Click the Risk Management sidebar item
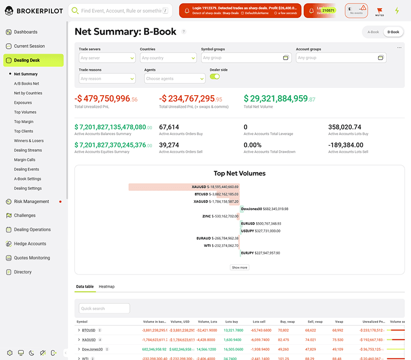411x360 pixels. point(31,202)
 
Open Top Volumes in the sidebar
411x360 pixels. point(25,112)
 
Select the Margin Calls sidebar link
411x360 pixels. point(25,159)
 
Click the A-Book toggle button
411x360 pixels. point(373,32)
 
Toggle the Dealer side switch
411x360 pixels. point(215,77)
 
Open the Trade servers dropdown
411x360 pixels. point(107,58)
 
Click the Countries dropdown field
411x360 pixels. point(168,58)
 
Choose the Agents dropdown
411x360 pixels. point(175,79)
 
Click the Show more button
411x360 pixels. point(239,267)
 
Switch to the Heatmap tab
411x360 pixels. point(106,286)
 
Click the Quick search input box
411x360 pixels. point(104,309)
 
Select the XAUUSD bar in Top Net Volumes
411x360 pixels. point(184,187)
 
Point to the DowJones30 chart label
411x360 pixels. point(265,209)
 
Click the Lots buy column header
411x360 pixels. point(231,321)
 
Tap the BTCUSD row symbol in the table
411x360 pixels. point(89,330)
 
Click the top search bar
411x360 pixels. point(121,10)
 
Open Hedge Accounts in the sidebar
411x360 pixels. point(30,244)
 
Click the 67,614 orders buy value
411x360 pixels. point(169,127)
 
